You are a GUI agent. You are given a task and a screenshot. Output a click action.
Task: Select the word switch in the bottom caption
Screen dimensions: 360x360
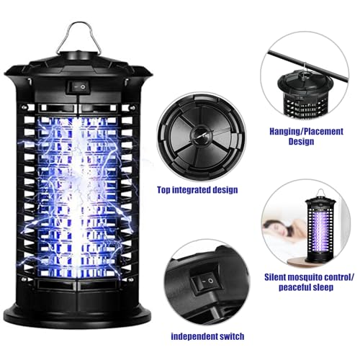click(230, 336)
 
